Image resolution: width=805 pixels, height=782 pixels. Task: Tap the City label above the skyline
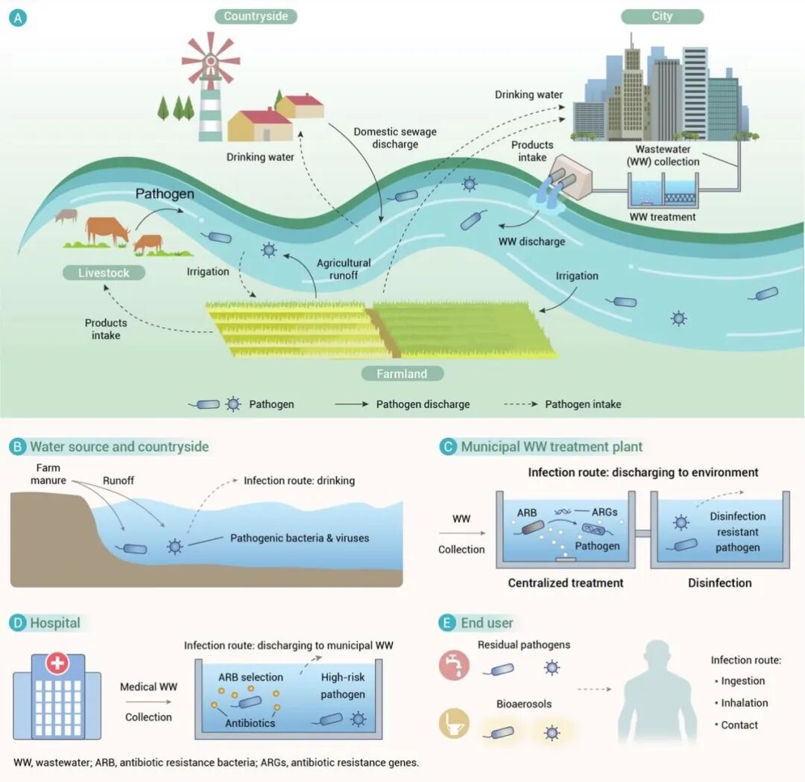pyautogui.click(x=661, y=16)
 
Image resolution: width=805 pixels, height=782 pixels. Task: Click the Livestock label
pyautogui.click(x=104, y=273)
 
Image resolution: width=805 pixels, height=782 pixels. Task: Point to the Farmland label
pyautogui.click(x=401, y=374)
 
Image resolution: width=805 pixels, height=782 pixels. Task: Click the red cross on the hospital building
pyautogui.click(x=57, y=663)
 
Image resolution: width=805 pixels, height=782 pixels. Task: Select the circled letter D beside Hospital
pyautogui.click(x=17, y=623)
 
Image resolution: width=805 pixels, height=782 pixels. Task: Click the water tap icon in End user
pyautogui.click(x=454, y=664)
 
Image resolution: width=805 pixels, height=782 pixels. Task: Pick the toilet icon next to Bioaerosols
pyautogui.click(x=454, y=724)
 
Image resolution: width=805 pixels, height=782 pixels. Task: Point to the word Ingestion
pyautogui.click(x=742, y=681)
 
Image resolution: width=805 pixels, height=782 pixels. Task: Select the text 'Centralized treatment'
pyautogui.click(x=566, y=582)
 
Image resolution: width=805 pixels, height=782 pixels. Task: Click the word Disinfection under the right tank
pyautogui.click(x=719, y=582)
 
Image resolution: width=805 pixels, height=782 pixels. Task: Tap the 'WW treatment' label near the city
pyautogui.click(x=663, y=217)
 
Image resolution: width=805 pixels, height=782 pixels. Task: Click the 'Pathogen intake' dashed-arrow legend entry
pyautogui.click(x=582, y=404)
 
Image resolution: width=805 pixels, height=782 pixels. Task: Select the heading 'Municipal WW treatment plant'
pyautogui.click(x=552, y=447)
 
